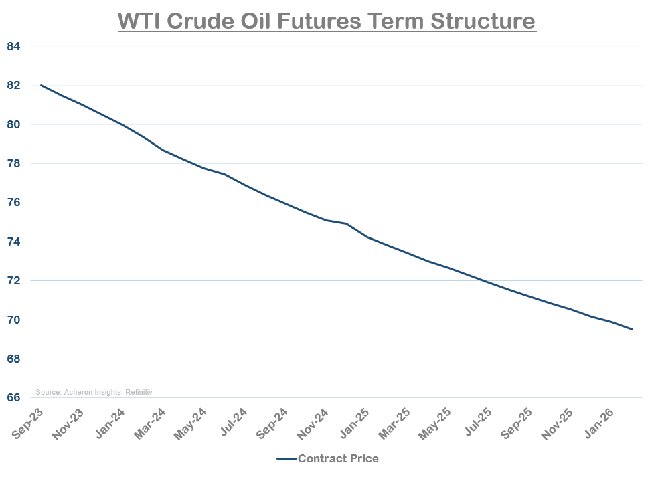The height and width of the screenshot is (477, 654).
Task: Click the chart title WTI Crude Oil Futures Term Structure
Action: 327,21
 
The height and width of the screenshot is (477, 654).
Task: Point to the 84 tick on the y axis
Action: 14,47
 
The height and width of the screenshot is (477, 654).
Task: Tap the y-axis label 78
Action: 14,164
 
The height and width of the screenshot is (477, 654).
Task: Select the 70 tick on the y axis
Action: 14,320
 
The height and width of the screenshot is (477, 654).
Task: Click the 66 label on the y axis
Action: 14,398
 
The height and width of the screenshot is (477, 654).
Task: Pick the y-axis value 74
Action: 14,242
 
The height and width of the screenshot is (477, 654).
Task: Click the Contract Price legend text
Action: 338,459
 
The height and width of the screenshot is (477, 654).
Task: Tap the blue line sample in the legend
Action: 286,459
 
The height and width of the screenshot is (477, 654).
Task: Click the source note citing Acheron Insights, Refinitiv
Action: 94,392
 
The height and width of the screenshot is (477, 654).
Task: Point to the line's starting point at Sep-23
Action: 41,85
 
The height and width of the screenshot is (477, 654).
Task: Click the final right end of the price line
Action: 632,329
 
